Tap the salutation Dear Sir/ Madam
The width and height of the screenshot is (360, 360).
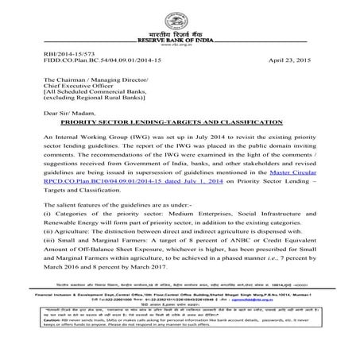(x=75, y=114)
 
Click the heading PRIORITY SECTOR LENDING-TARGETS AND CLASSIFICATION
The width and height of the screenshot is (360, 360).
(x=180, y=124)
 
